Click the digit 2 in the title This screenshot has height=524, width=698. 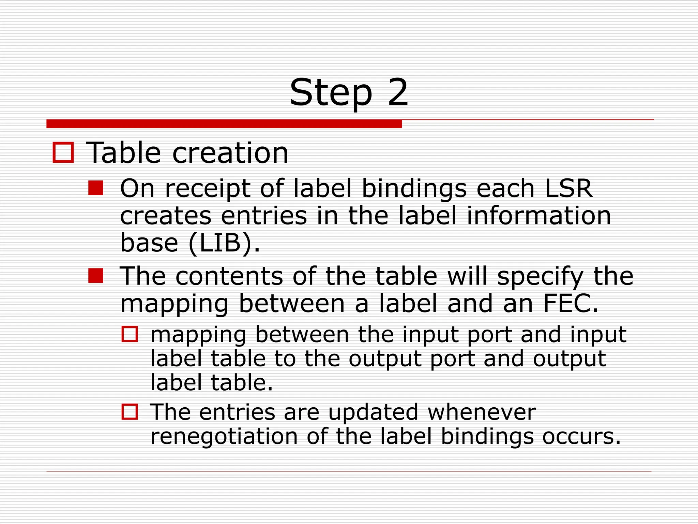[x=397, y=92]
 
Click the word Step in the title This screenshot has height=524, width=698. [x=331, y=93]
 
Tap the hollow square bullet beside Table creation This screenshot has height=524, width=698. [x=63, y=152]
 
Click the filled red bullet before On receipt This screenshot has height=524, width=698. [x=95, y=188]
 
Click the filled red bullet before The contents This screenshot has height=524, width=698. [x=95, y=276]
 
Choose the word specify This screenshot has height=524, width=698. [x=540, y=276]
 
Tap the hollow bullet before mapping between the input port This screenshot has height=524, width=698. [x=130, y=334]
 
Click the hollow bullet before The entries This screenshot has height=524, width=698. [x=130, y=412]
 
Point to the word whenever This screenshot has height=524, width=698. [x=482, y=412]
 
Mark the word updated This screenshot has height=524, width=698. [x=373, y=412]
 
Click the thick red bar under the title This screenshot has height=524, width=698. [x=224, y=124]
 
